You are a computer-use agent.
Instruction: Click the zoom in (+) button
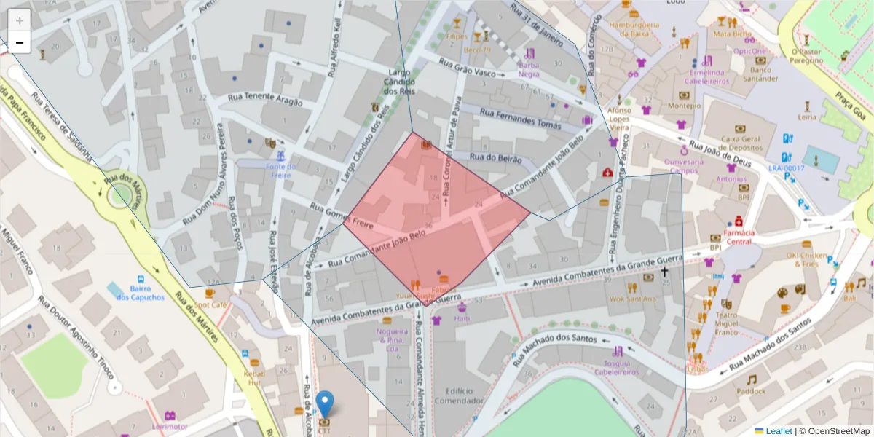pyautogui.click(x=20, y=20)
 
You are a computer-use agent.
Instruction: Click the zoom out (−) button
pyautogui.click(x=20, y=42)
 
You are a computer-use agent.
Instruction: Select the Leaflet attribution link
pyautogui.click(x=778, y=431)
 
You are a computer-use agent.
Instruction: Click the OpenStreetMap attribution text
pyautogui.click(x=835, y=431)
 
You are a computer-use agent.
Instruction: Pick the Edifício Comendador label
pyautogui.click(x=459, y=395)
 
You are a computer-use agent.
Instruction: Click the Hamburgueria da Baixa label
pyautogui.click(x=634, y=28)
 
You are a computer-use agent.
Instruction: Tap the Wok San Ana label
pyautogui.click(x=632, y=299)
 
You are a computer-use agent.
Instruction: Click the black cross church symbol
pyautogui.click(x=664, y=272)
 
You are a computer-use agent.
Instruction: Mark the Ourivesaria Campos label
pyautogui.click(x=684, y=166)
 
